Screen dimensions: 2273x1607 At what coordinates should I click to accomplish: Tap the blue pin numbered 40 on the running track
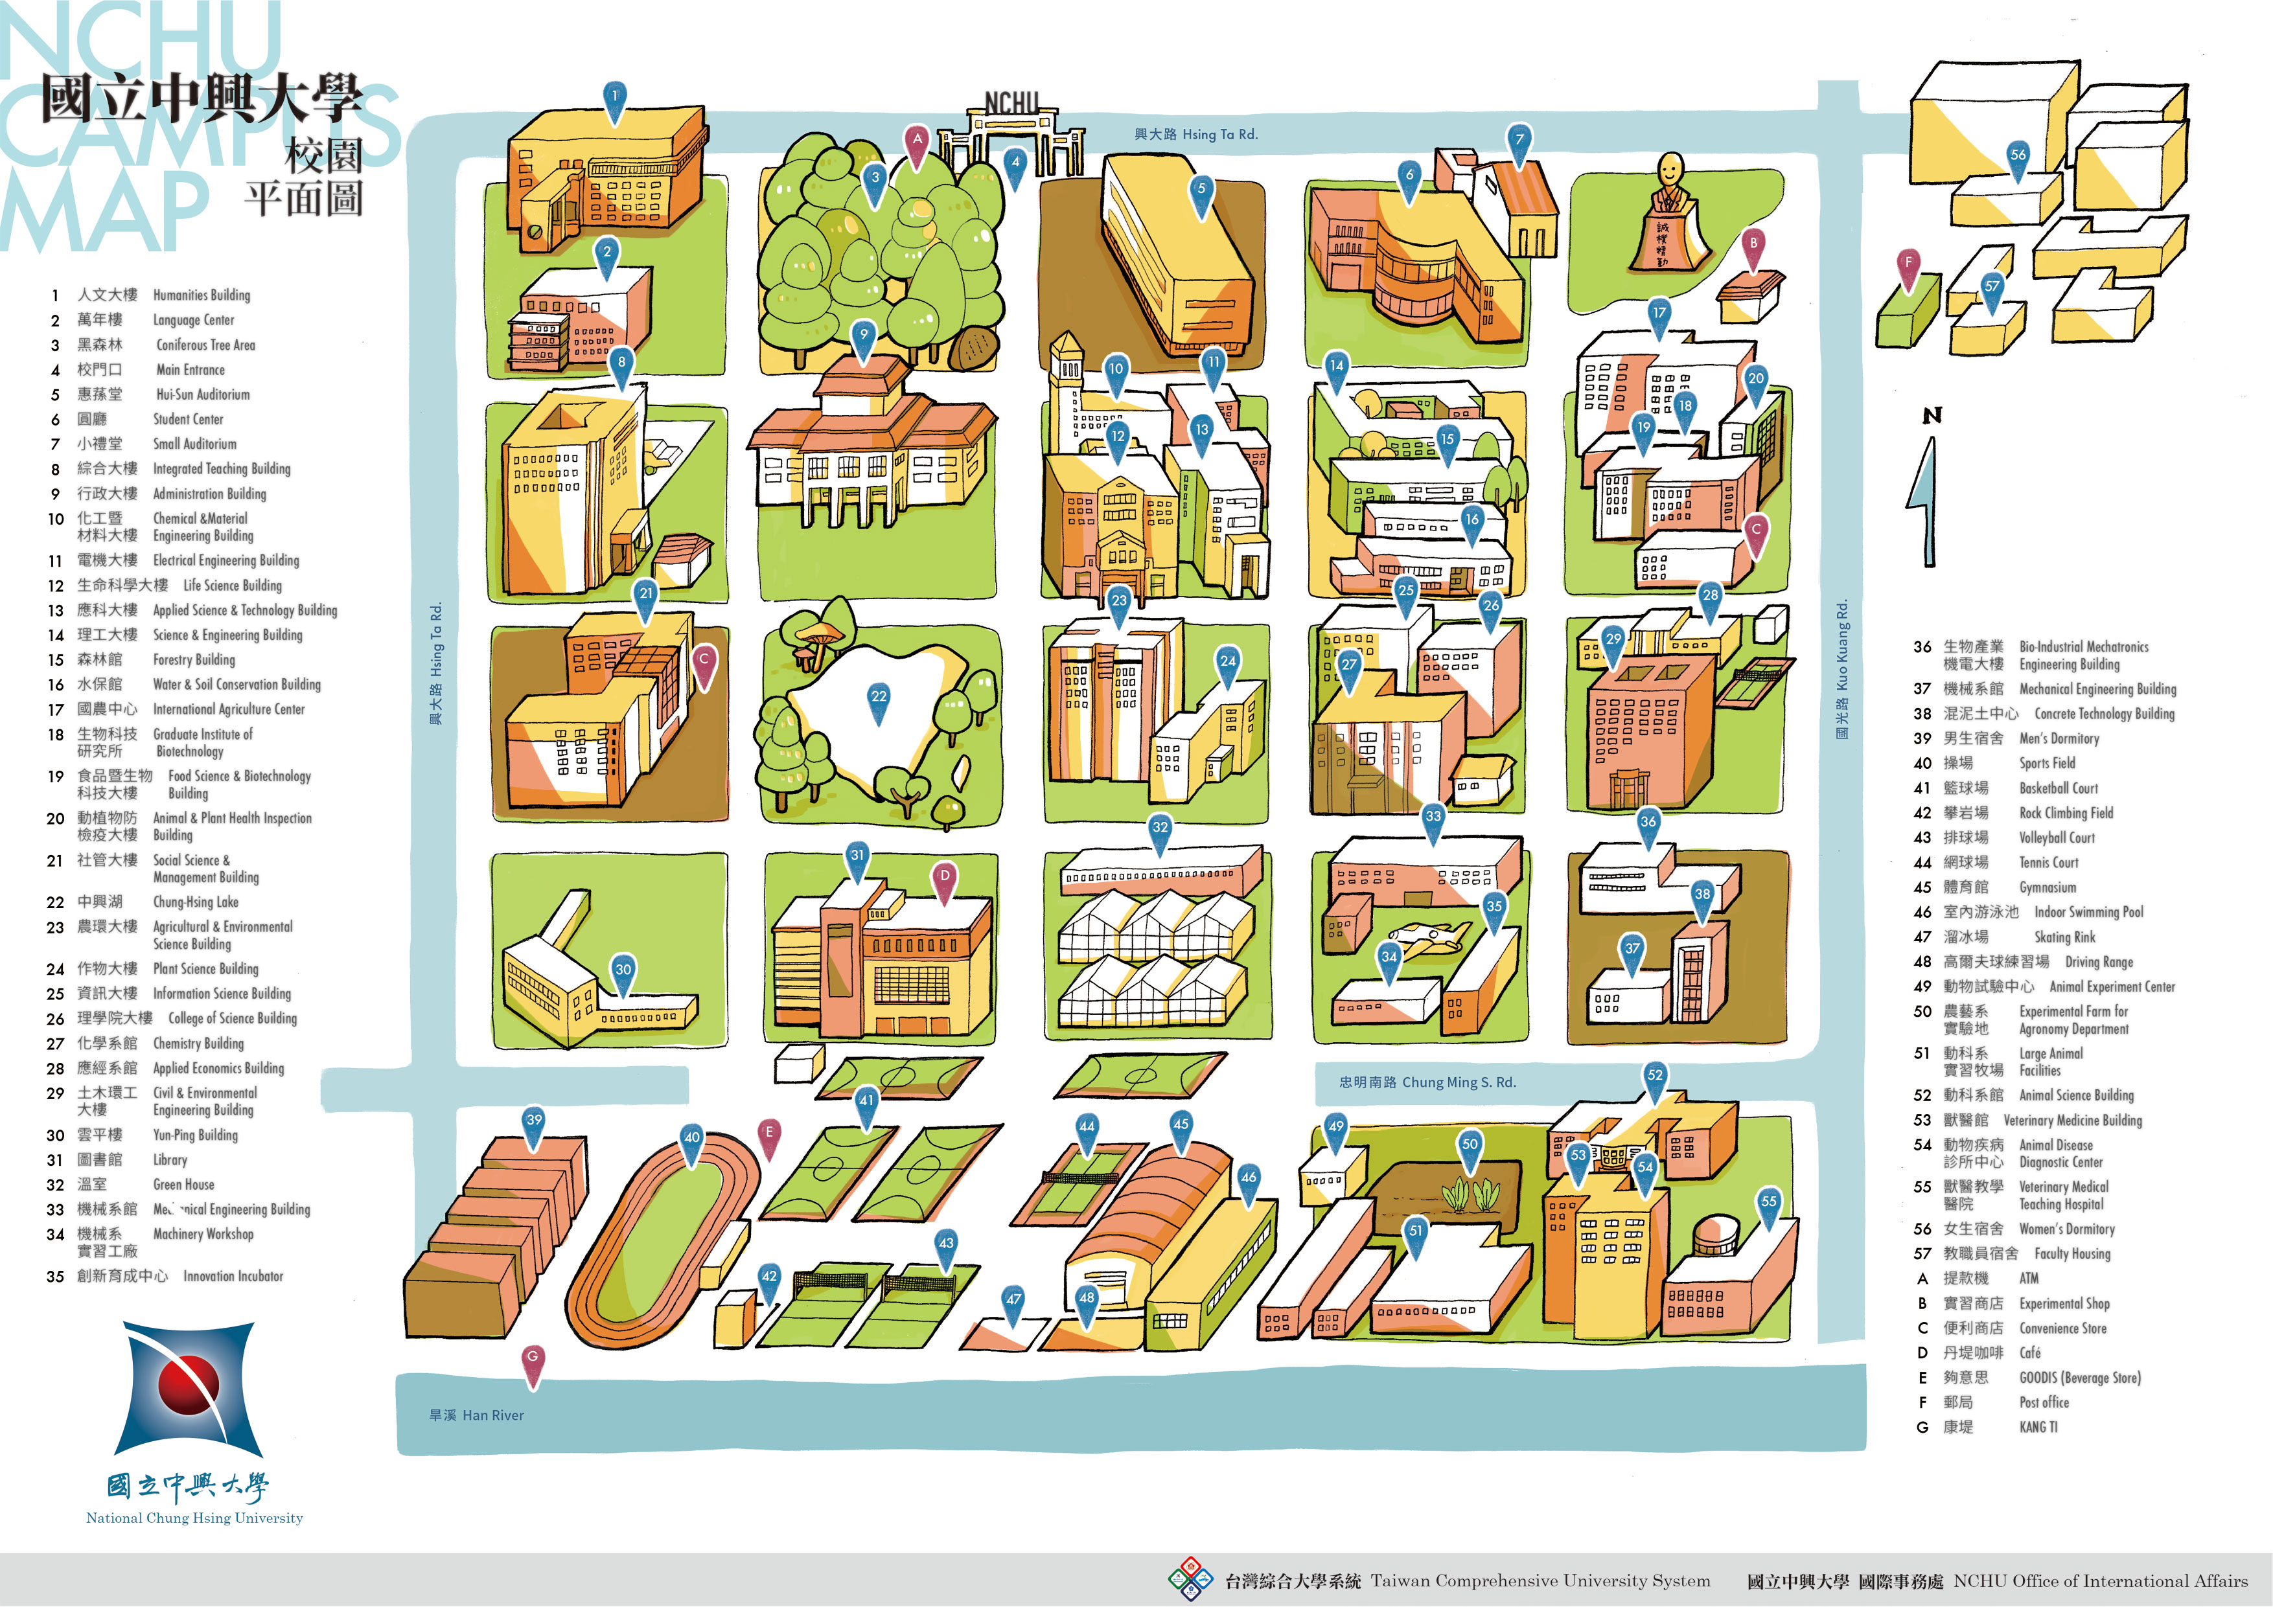(x=692, y=1139)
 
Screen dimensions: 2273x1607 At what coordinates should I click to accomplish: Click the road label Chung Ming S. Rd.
(x=1427, y=1082)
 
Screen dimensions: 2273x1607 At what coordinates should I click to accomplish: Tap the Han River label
(x=476, y=1415)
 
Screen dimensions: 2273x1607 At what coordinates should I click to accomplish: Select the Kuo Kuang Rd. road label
(x=1841, y=669)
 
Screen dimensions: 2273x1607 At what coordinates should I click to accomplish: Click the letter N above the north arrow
(x=1932, y=416)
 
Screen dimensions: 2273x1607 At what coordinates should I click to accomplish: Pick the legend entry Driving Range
(x=2098, y=962)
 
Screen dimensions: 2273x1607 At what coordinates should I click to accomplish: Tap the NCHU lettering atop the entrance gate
(x=1011, y=103)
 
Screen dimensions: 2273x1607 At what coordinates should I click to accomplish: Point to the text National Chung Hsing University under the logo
(x=194, y=1518)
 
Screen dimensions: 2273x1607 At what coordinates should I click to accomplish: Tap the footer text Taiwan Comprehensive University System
(x=1540, y=1581)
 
